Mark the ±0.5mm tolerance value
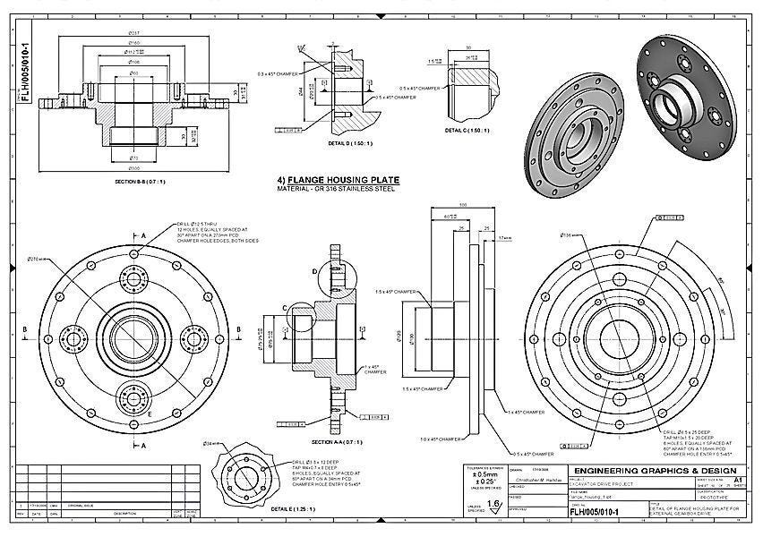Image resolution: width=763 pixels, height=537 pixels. (484, 482)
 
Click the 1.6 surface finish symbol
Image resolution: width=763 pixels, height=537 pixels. (493, 505)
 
